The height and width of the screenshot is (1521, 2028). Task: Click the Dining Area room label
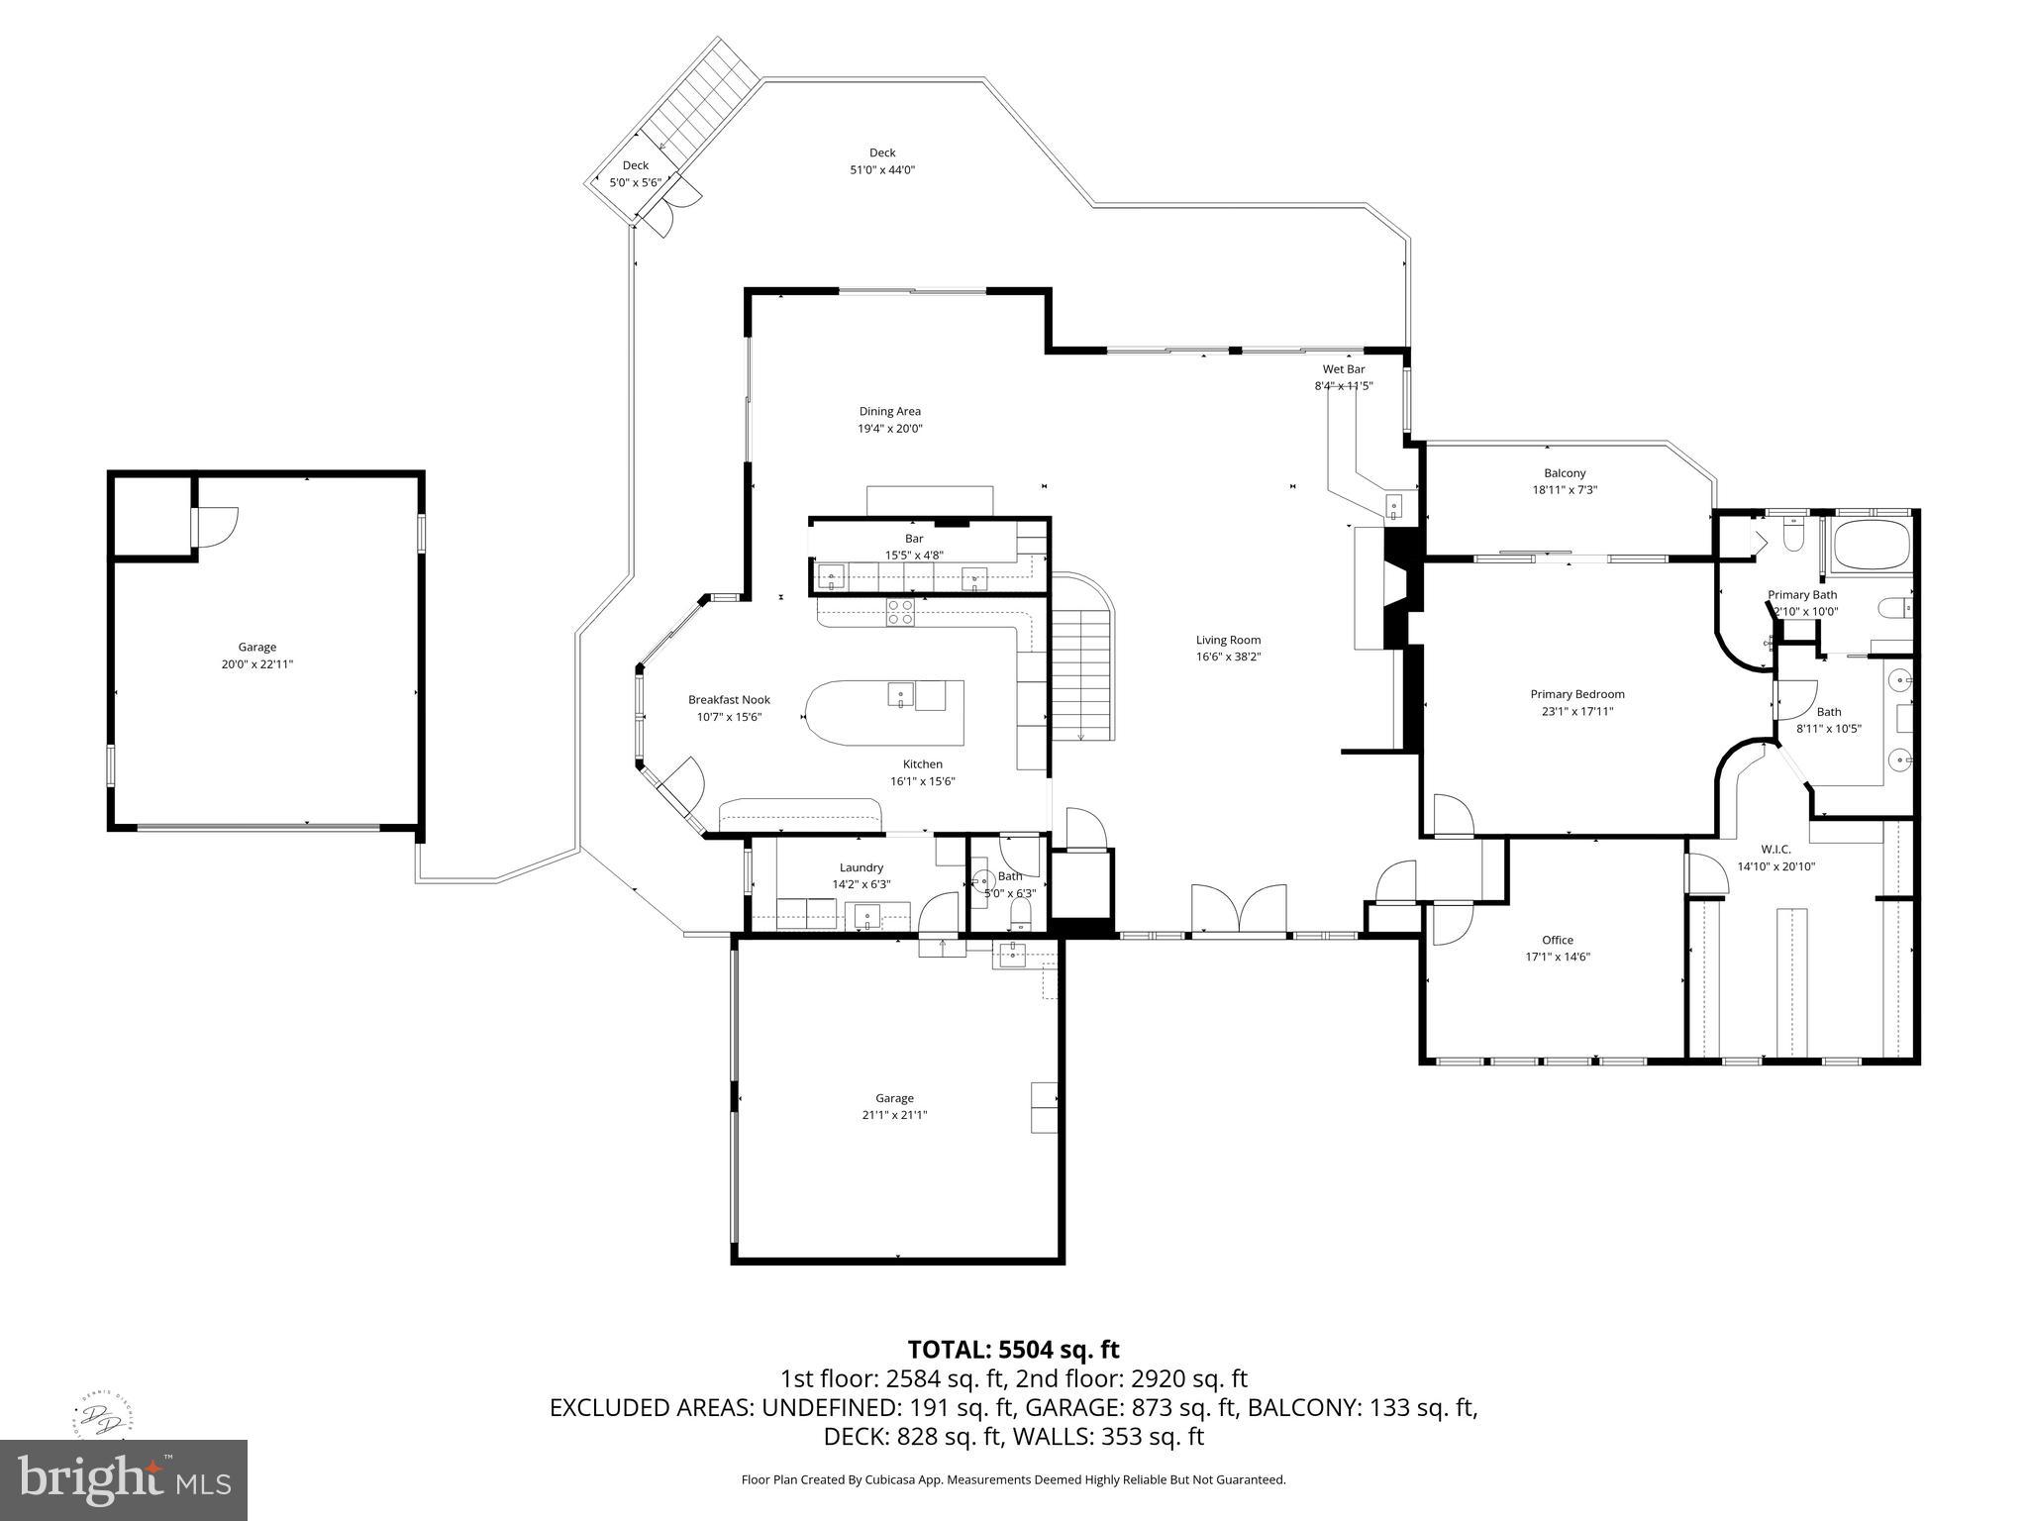[889, 411]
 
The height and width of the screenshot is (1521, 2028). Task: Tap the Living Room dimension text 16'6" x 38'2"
[1228, 657]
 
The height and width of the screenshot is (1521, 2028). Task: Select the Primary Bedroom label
[1577, 694]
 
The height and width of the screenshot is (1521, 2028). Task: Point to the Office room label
[1558, 940]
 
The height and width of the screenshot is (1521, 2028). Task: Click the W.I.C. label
[1775, 849]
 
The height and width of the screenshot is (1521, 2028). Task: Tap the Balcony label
[1565, 473]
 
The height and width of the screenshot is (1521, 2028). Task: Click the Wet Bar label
[1344, 369]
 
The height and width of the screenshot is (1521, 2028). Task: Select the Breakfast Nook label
[729, 700]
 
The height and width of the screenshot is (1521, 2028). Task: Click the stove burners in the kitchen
[900, 613]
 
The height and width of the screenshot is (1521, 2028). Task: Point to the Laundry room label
[861, 867]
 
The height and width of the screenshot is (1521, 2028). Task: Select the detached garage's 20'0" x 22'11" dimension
[257, 664]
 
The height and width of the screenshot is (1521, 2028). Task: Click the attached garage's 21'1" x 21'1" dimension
[894, 1115]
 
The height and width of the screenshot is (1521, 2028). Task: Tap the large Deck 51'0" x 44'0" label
[882, 169]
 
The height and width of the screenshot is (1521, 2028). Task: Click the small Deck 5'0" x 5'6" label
[635, 182]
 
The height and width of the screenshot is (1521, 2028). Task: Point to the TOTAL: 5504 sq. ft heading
[1013, 1349]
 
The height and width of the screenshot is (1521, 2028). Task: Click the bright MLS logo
[124, 1479]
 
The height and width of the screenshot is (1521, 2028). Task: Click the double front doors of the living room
[1239, 909]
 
